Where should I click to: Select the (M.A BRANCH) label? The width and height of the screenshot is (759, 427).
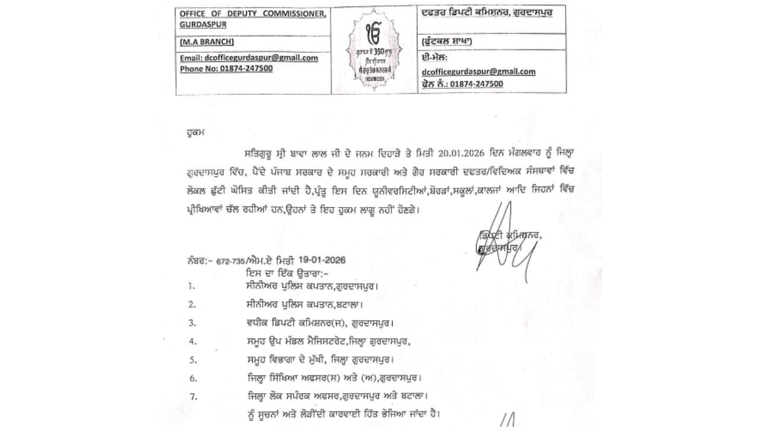pyautogui.click(x=207, y=42)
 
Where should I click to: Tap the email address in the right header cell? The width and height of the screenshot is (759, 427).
pyautogui.click(x=479, y=71)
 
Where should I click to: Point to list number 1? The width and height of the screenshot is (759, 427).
pyautogui.click(x=192, y=286)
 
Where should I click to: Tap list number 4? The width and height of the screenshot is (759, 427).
pyautogui.click(x=192, y=342)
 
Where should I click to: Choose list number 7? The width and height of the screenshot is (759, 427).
pyautogui.click(x=192, y=396)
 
